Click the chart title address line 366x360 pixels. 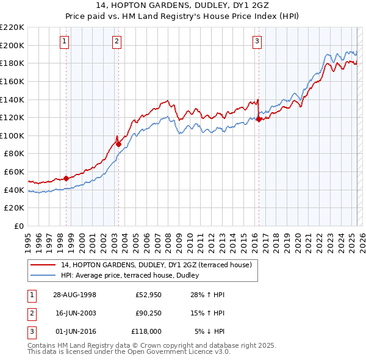click(182, 7)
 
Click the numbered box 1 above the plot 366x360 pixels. click(65, 41)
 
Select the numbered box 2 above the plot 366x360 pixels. click(117, 41)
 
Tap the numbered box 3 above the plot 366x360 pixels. click(257, 41)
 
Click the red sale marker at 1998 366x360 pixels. click(66, 179)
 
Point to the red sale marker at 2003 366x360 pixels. click(118, 145)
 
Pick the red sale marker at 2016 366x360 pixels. click(259, 120)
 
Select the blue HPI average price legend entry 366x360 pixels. click(134, 276)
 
